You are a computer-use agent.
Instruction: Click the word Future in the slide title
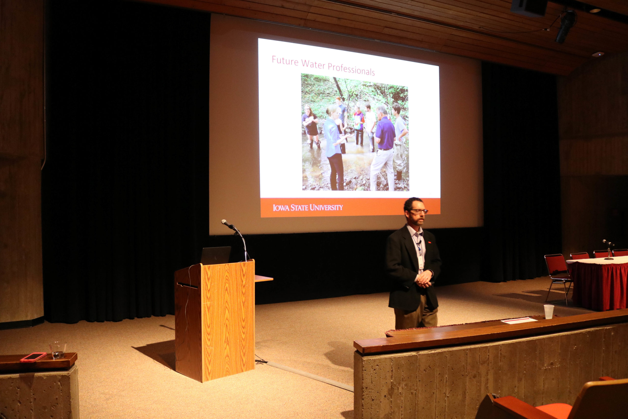(x=285, y=61)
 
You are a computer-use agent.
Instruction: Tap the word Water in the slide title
(x=314, y=64)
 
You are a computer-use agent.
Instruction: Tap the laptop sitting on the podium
(x=215, y=255)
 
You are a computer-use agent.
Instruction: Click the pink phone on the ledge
(x=33, y=357)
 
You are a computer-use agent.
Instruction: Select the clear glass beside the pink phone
(x=58, y=350)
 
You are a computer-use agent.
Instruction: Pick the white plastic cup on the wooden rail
(x=549, y=311)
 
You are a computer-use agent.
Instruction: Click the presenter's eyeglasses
(x=419, y=211)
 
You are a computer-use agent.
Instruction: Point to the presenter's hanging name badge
(x=421, y=262)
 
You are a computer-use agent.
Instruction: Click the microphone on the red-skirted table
(x=609, y=250)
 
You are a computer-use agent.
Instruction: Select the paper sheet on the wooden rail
(x=519, y=320)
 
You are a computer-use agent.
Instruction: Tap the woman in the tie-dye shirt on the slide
(x=359, y=125)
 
